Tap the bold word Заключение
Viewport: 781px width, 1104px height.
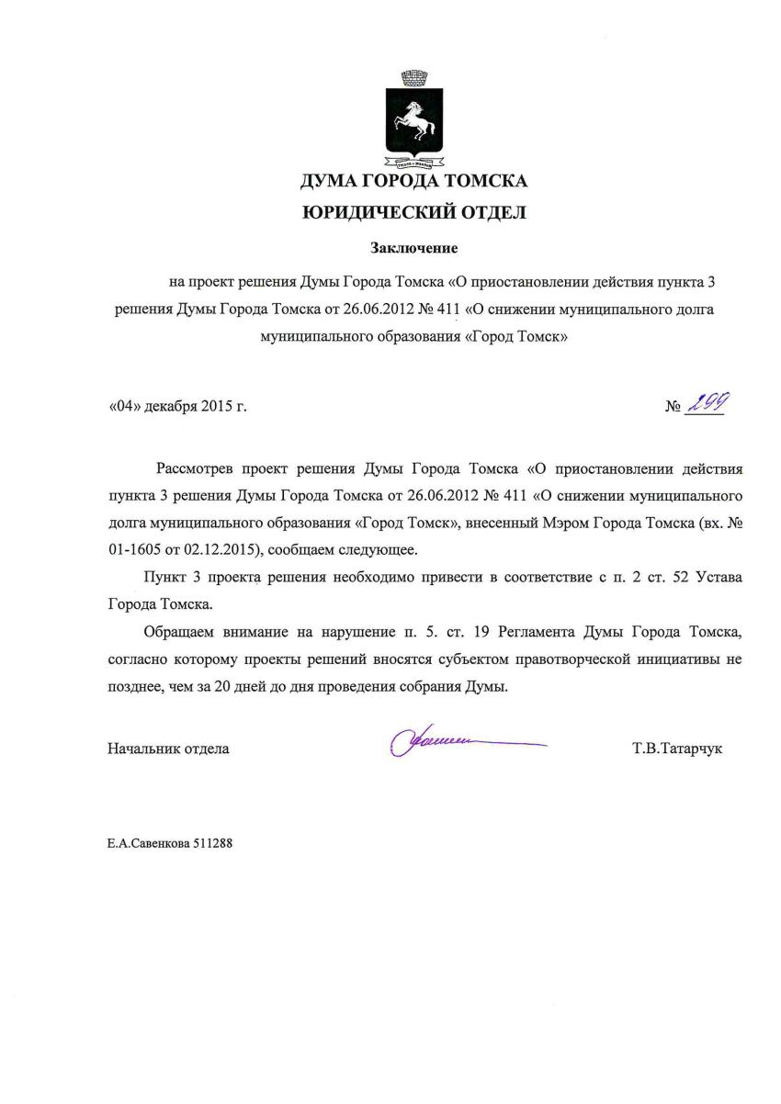pos(413,248)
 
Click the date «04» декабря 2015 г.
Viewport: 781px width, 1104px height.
pos(177,405)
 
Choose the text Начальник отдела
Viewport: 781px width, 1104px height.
pos(168,749)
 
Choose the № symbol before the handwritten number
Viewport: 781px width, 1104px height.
pos(673,406)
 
